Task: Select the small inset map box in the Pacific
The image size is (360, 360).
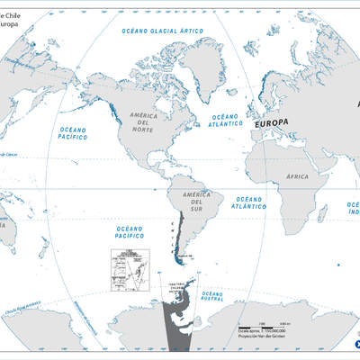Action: tap(128, 266)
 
